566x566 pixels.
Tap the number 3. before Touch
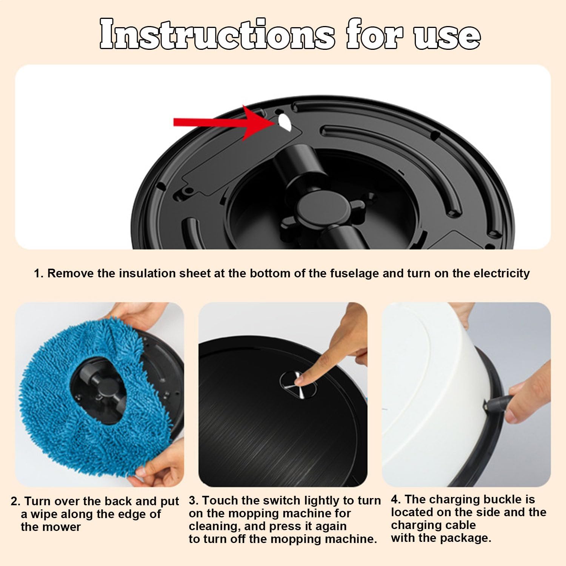(194, 500)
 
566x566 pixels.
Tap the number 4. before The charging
(396, 499)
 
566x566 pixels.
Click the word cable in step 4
(458, 525)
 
